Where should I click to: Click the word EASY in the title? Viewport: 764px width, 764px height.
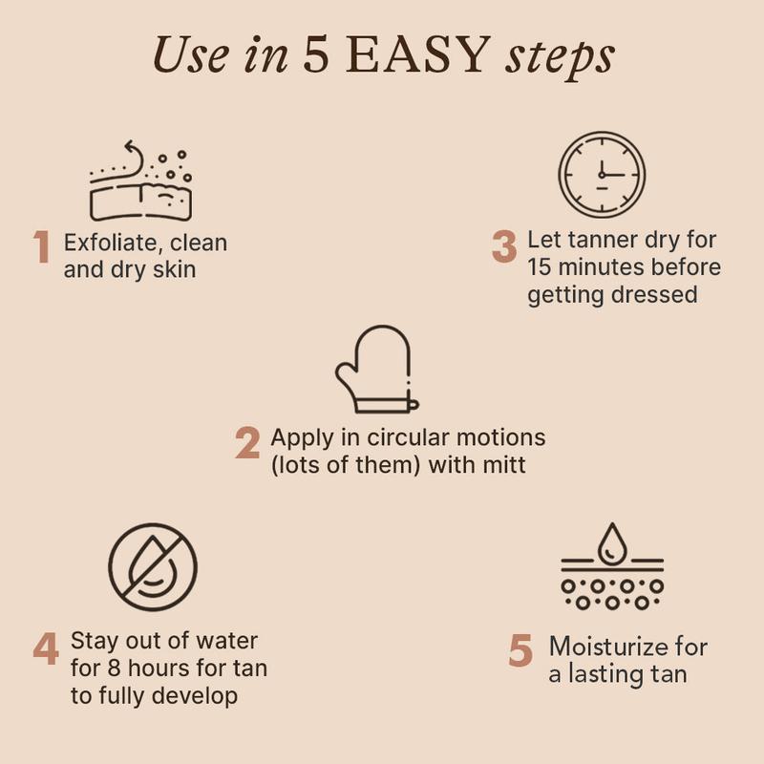pos(417,54)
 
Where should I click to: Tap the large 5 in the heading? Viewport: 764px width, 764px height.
pos(316,54)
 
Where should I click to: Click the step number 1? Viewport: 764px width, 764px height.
pos(42,246)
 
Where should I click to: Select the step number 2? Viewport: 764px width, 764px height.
pos(247,442)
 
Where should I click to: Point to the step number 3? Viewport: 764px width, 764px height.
pos(504,246)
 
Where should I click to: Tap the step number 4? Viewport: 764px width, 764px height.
pos(46,648)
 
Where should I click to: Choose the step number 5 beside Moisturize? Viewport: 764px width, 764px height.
pos(520,650)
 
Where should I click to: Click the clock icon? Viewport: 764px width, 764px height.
pos(602,174)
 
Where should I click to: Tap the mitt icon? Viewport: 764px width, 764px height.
pos(376,369)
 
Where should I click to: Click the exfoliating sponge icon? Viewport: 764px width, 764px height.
pos(140,180)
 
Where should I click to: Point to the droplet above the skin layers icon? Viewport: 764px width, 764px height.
pos(612,543)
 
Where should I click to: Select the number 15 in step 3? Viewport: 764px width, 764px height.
pos(540,267)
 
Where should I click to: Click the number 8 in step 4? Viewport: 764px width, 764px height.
pos(114,668)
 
